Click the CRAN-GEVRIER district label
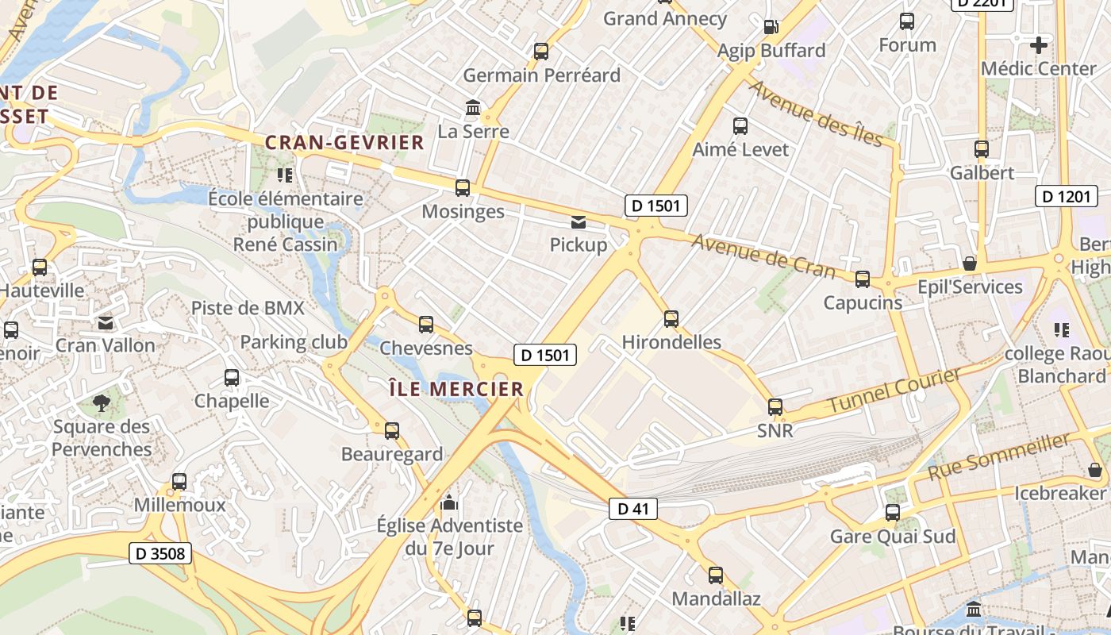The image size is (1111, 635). point(344,143)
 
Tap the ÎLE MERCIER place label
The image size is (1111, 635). point(456,389)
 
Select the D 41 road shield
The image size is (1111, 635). point(633,509)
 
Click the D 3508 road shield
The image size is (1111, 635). point(161,553)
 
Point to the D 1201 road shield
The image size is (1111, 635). point(1067,196)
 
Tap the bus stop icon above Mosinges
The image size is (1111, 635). point(463,188)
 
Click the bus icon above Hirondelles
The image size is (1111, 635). point(671,319)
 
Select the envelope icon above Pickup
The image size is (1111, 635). point(579,222)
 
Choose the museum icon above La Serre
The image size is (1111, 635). point(473,107)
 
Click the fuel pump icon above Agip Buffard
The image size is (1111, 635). point(771,27)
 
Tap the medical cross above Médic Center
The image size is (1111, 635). point(1038,44)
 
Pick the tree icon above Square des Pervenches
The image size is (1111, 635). point(101,403)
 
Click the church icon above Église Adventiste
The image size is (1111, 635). point(449,502)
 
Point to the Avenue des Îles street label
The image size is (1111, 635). point(816,114)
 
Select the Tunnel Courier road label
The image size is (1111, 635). point(894,391)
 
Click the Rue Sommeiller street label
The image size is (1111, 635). point(998,456)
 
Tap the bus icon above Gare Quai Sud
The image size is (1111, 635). point(893,513)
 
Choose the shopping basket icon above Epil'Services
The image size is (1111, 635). point(969,263)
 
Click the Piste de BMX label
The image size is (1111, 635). point(248,308)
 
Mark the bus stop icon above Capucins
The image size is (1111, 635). point(863,279)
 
